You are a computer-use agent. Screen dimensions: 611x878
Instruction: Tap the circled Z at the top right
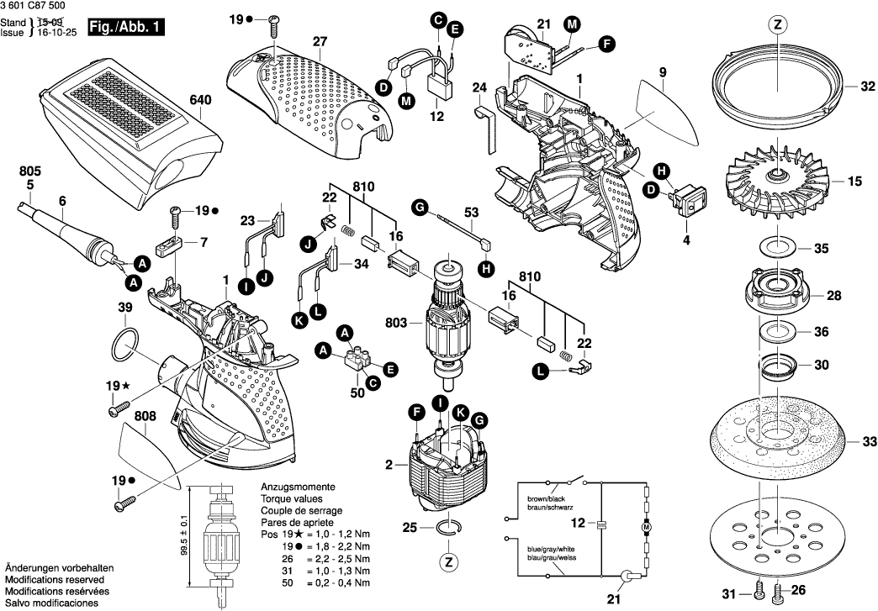(x=777, y=25)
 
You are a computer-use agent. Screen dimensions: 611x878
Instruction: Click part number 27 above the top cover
(x=319, y=41)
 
